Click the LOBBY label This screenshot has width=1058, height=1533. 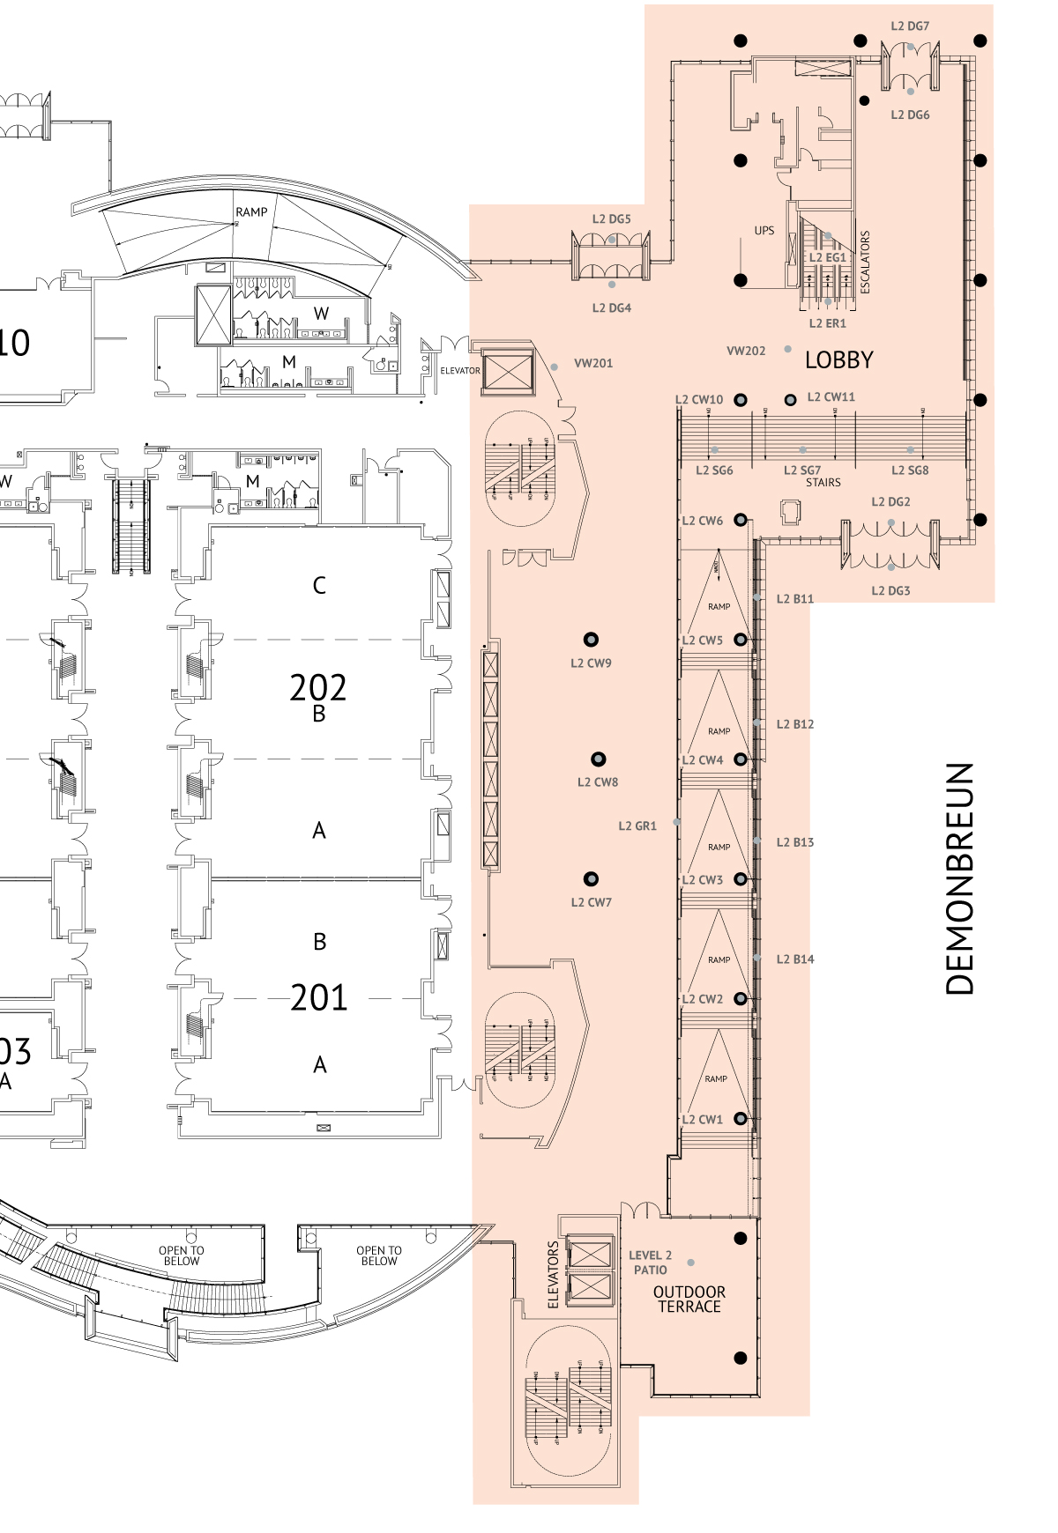(838, 360)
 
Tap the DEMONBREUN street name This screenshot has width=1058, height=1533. (960, 878)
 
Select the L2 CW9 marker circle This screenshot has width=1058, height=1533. (591, 640)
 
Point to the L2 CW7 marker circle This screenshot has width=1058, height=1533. (591, 878)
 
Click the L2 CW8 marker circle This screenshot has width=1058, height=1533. (598, 759)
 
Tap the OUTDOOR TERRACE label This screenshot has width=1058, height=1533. (689, 1300)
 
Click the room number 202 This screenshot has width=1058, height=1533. (318, 687)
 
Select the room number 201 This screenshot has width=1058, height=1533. (318, 997)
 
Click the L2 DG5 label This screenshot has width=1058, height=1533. (611, 218)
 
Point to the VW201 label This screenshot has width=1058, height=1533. (592, 363)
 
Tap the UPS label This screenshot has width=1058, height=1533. (764, 231)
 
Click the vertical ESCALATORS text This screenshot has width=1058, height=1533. (865, 262)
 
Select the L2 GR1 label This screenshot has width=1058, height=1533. (637, 826)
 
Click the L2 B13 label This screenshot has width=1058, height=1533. (794, 842)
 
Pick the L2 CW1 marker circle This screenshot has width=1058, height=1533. (741, 1119)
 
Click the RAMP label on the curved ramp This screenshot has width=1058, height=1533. (251, 212)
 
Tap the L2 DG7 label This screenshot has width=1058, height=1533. (910, 26)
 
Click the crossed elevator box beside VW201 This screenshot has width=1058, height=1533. (509, 372)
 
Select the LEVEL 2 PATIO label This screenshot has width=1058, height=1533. (650, 1263)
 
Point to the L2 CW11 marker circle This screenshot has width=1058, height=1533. (791, 400)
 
